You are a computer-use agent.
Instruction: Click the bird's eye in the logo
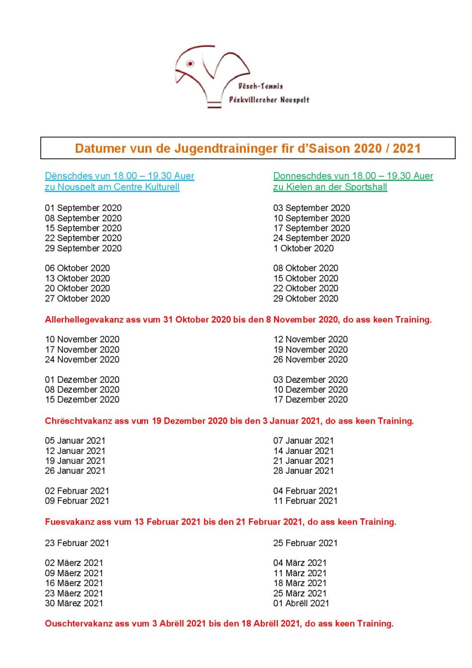click(190, 63)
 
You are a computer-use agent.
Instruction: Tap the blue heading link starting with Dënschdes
click(120, 176)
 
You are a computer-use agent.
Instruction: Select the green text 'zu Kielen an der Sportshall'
click(330, 187)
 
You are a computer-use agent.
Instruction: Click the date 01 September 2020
click(83, 208)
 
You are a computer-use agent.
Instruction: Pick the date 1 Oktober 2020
click(303, 248)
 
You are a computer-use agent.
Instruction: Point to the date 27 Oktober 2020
click(77, 299)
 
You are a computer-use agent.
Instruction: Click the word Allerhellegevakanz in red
click(84, 320)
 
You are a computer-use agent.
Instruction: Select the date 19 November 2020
click(310, 350)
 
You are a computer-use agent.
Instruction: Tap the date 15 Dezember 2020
click(82, 400)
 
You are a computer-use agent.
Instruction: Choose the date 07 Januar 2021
click(303, 441)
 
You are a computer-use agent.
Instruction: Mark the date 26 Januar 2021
click(75, 471)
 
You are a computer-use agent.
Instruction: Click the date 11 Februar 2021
click(305, 501)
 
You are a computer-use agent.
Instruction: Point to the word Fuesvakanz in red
click(69, 522)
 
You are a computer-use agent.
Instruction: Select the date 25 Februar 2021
click(305, 543)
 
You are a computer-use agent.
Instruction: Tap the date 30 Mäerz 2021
click(74, 604)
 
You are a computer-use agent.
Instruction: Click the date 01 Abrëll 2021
click(301, 604)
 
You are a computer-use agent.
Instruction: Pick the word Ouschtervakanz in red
click(78, 624)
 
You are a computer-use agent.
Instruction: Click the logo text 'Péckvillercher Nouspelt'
click(269, 100)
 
